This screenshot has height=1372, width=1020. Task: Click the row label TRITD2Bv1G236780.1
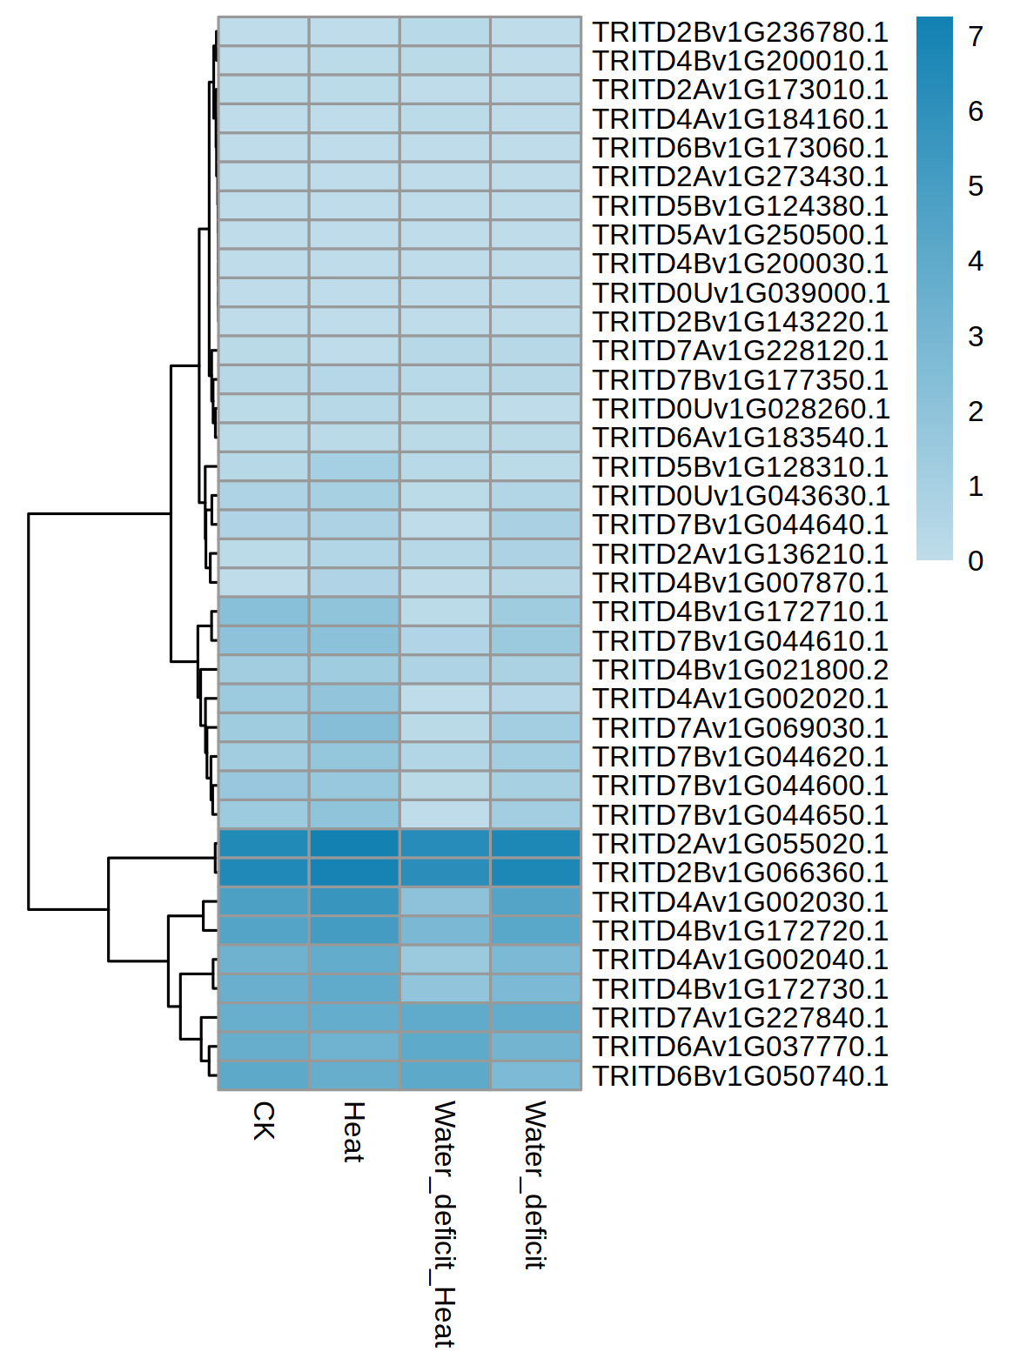click(740, 32)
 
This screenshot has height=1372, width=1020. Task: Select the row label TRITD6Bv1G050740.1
click(740, 1076)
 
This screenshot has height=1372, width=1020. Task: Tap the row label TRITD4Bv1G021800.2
click(740, 670)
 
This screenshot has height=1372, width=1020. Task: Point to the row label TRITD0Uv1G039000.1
click(740, 293)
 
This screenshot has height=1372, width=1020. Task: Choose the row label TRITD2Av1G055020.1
click(740, 844)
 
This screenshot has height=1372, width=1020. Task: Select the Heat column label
click(354, 1131)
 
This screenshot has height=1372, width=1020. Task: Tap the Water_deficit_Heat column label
click(445, 1223)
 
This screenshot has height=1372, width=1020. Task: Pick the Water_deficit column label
click(535, 1184)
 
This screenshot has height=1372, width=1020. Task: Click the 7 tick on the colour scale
click(976, 37)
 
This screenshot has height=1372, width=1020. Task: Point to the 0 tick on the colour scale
click(976, 561)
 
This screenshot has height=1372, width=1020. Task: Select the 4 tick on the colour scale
click(976, 261)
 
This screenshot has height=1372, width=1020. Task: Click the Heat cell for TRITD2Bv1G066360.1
click(354, 873)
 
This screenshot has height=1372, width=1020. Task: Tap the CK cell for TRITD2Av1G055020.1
click(264, 844)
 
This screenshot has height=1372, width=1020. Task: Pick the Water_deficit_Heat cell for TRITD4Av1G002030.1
click(445, 901)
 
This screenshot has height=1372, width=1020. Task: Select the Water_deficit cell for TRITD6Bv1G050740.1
click(535, 1076)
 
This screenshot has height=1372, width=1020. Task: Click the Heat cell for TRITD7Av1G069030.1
click(354, 727)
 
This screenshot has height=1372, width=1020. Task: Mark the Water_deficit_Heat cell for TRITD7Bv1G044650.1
click(445, 814)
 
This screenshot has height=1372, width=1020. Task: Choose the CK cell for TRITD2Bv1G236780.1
click(264, 31)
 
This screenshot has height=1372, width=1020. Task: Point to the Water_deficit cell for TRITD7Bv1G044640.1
click(535, 525)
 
